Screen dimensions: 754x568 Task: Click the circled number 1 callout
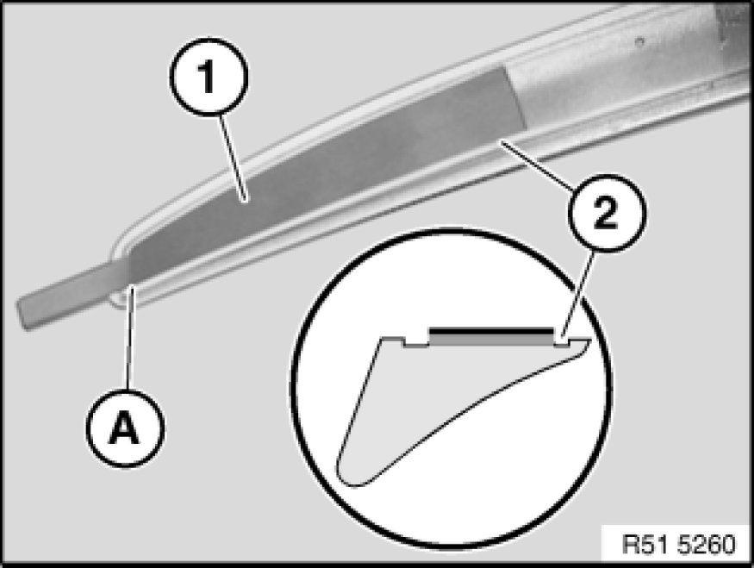pos(209,77)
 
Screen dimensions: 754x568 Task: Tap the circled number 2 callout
pos(607,213)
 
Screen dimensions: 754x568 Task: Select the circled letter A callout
pos(125,428)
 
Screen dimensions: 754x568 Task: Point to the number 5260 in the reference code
pos(707,545)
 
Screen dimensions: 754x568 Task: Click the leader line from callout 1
pos(234,159)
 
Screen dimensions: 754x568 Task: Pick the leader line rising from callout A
pos(130,337)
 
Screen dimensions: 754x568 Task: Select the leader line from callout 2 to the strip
pos(536,164)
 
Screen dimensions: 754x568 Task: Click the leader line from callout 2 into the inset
pos(578,294)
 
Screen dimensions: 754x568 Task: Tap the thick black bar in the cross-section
pos(491,331)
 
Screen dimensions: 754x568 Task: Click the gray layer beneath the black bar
pos(491,340)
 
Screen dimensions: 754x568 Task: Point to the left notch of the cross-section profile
pos(415,342)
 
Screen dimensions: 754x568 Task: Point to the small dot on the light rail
pos(639,42)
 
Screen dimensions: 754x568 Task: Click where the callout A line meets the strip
pos(132,287)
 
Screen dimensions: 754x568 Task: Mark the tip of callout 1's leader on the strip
pos(246,200)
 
